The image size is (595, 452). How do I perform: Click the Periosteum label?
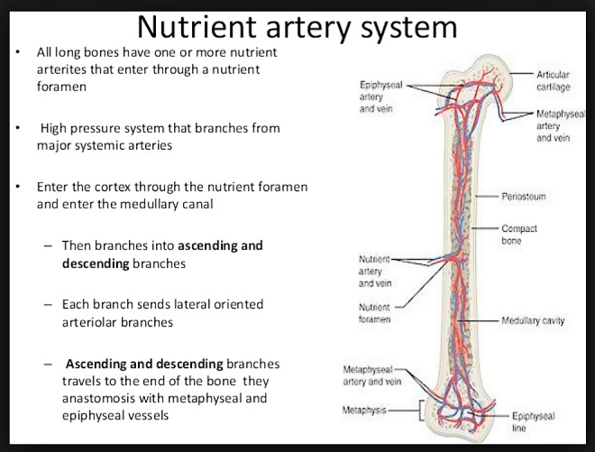tap(526, 195)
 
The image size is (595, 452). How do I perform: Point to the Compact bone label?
tap(519, 235)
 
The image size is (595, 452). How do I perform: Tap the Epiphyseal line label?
tap(533, 422)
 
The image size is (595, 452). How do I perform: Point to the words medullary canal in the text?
tap(180, 204)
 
